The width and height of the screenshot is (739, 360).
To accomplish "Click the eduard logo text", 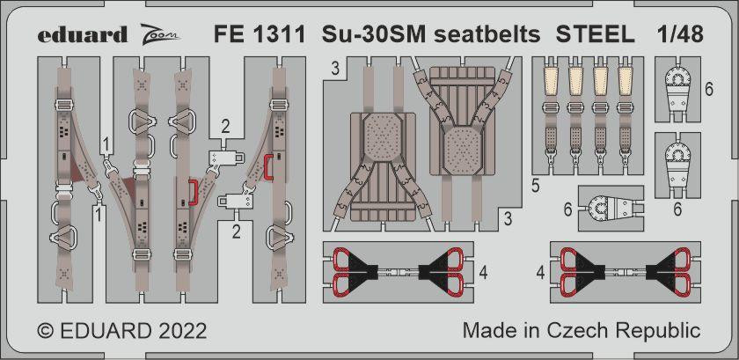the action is (83, 35).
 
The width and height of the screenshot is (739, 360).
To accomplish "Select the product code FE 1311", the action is (260, 34).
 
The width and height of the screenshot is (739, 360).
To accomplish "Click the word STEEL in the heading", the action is (595, 34).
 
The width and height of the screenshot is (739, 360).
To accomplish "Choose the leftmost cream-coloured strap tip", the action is (551, 79).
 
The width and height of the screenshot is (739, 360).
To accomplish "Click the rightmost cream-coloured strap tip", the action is (626, 79).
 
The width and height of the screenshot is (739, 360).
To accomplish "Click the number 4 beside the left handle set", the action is (482, 273).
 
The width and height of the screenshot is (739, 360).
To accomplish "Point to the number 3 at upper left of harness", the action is (335, 70).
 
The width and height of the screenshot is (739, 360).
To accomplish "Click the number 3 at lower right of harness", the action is (508, 219).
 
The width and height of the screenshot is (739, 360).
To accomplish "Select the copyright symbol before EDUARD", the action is (44, 331).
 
